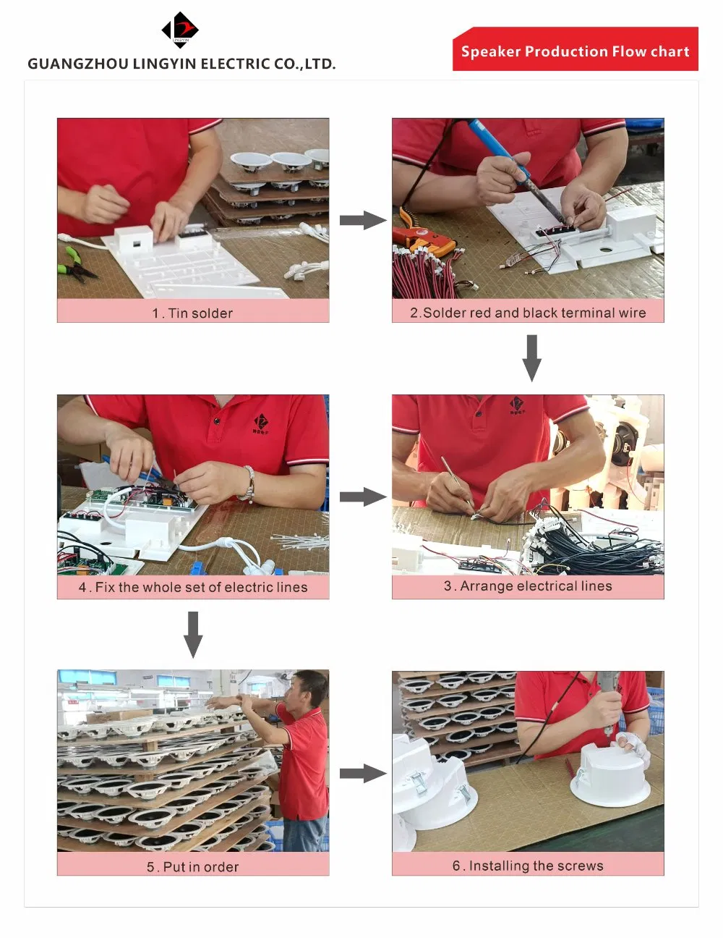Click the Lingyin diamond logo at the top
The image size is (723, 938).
pos(179,30)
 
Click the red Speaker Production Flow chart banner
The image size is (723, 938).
pos(575,48)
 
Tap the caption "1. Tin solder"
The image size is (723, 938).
pos(192,313)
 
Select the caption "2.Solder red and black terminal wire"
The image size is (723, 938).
pos(528,313)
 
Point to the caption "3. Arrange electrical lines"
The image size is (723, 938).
pos(528,586)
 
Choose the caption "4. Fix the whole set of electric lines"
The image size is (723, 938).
pos(193,587)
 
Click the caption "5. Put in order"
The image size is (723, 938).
pos(192,867)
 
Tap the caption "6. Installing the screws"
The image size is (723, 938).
pos(528,866)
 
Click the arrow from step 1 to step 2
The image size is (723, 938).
pos(363,220)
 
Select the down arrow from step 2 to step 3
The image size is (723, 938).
pos(532,358)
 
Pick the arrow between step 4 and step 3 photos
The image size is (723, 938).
pos(363,497)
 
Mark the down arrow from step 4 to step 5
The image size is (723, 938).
pos(193,635)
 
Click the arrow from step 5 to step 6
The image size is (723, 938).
pos(363,773)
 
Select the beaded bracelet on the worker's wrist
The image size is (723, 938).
pos(248,484)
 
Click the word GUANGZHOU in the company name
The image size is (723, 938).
pos(78,64)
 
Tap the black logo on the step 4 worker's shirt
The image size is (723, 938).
pos(261,423)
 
